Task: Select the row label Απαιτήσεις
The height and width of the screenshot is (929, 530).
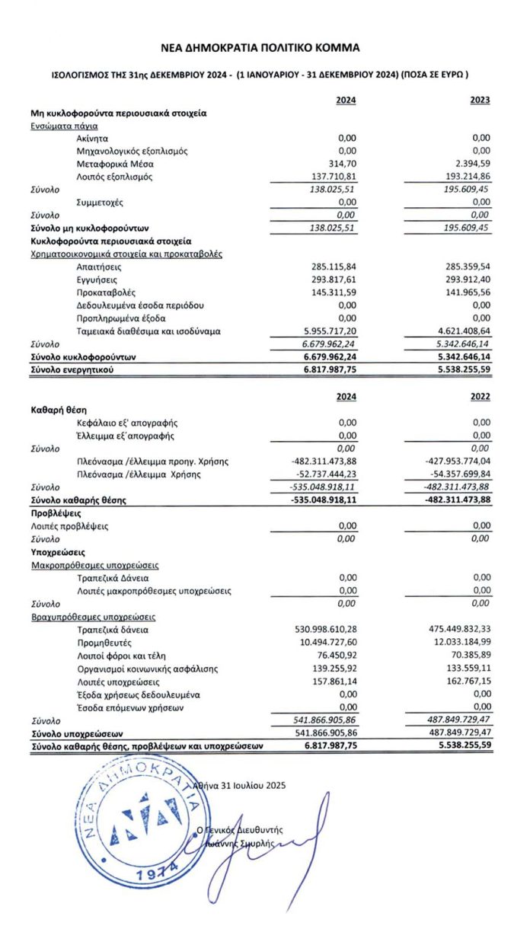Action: click(x=99, y=267)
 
